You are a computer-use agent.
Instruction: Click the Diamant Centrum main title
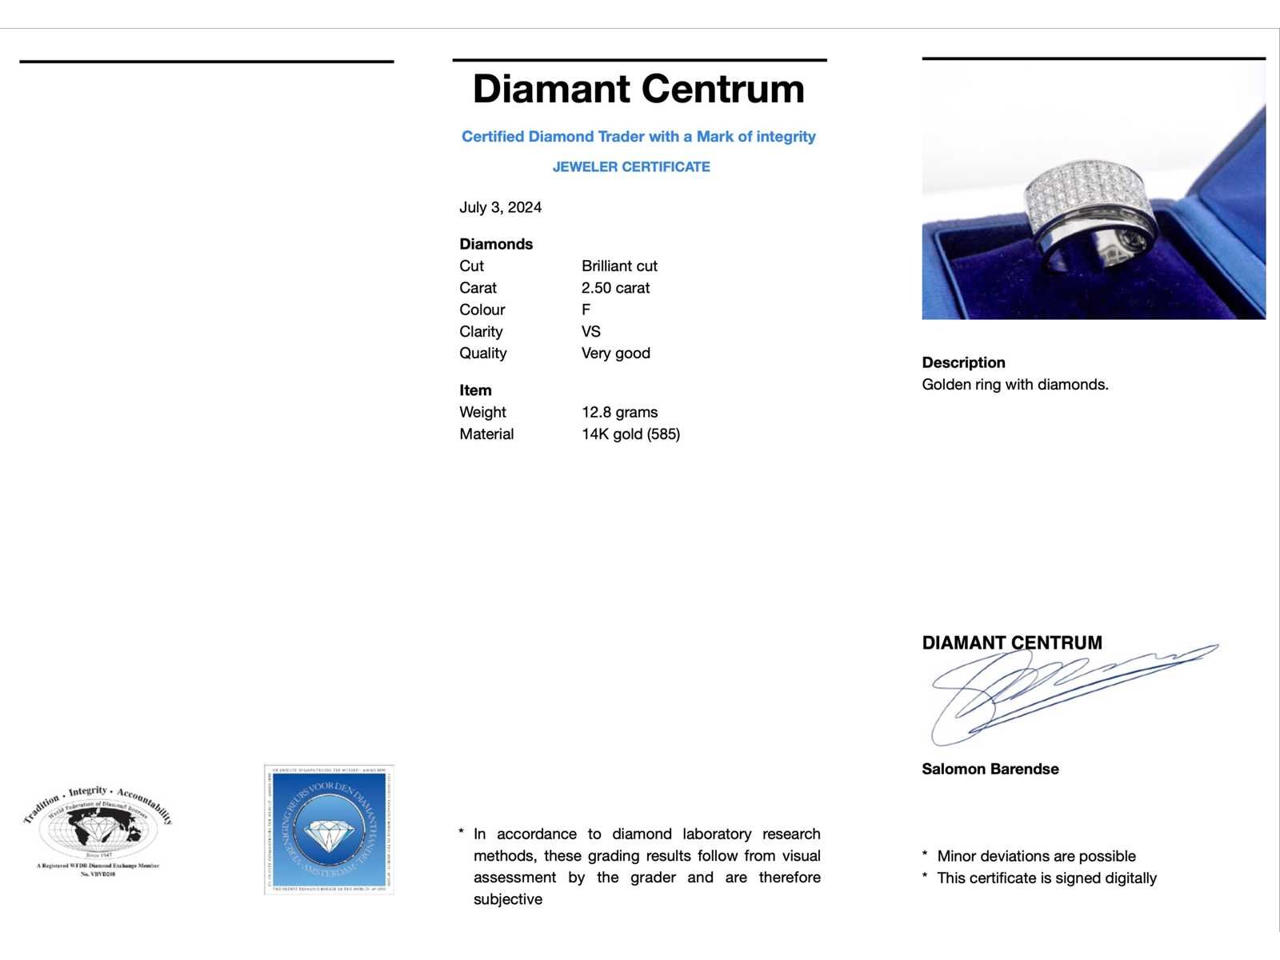(x=638, y=89)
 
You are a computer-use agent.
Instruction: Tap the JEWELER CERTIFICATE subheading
(x=631, y=166)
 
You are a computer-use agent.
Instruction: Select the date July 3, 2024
(x=500, y=207)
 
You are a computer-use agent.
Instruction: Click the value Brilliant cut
(x=619, y=266)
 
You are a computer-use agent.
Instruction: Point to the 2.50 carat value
(x=615, y=288)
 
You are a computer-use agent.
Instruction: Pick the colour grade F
(x=586, y=310)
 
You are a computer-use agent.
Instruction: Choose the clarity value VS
(x=591, y=331)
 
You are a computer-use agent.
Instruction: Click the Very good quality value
(x=615, y=353)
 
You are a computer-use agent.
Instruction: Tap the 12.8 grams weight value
(x=619, y=412)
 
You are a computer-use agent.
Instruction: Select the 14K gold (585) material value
(x=630, y=434)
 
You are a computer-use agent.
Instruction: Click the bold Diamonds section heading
(x=496, y=244)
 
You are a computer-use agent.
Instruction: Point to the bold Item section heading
(x=475, y=390)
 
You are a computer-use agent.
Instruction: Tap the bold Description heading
(x=963, y=362)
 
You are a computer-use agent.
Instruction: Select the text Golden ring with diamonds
(x=1014, y=384)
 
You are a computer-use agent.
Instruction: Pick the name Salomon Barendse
(x=990, y=769)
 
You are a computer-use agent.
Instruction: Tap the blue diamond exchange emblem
(x=328, y=830)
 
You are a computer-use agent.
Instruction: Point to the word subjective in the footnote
(x=507, y=899)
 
